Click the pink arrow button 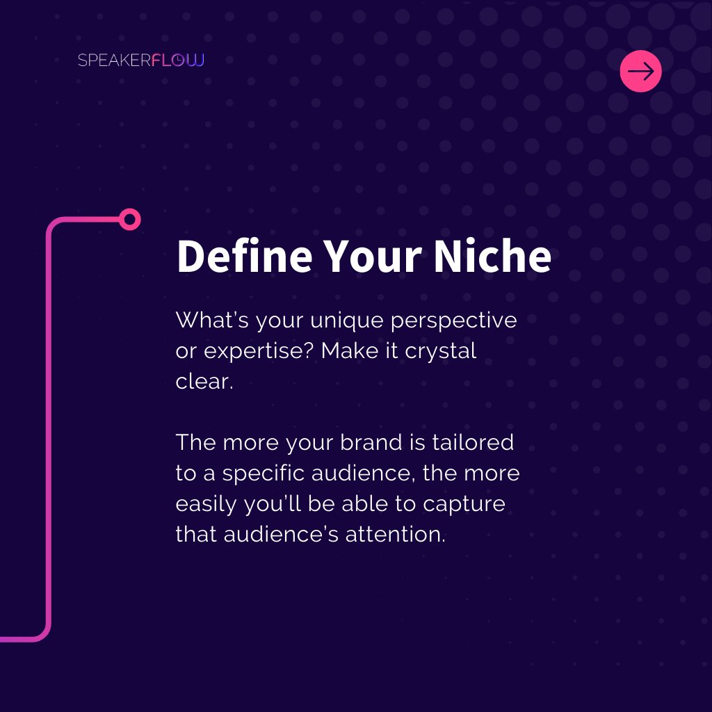(x=640, y=72)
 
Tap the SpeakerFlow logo (x=141, y=60)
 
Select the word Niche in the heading (x=492, y=257)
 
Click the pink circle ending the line (x=129, y=220)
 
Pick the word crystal (x=441, y=351)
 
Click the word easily (x=207, y=504)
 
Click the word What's (x=213, y=321)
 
